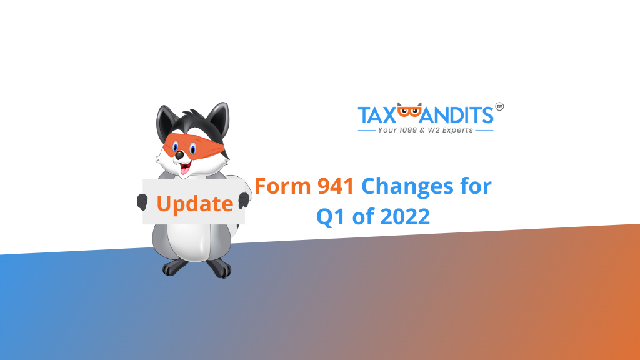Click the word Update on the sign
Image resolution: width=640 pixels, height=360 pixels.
tap(195, 204)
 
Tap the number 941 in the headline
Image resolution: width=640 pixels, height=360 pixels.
tap(336, 186)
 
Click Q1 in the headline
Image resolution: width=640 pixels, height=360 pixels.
tap(331, 217)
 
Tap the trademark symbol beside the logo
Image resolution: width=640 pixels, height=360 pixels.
tap(499, 106)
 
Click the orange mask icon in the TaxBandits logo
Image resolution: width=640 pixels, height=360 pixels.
tap(409, 110)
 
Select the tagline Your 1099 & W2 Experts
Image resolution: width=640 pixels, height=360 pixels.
tap(425, 130)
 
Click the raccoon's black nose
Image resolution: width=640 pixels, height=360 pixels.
tap(179, 155)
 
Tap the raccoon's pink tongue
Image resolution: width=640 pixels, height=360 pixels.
tap(185, 169)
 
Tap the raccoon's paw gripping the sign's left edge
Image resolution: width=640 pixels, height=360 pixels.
tap(142, 202)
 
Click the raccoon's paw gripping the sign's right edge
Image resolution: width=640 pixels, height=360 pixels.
tap(244, 200)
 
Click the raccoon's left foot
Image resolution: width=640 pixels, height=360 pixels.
tap(175, 267)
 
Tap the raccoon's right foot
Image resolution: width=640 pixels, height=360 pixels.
tap(219, 269)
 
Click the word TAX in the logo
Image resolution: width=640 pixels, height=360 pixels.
tap(377, 115)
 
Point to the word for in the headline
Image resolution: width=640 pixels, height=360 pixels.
tap(476, 186)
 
